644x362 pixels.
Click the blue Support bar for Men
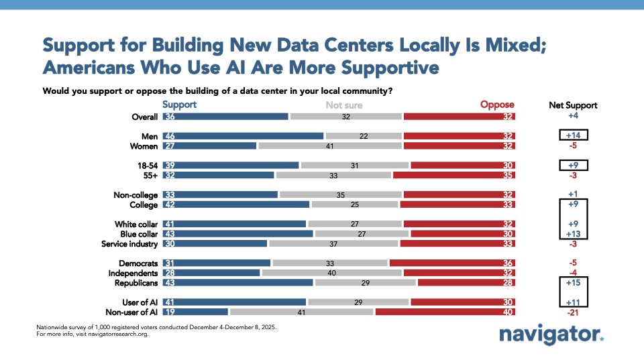click(243, 136)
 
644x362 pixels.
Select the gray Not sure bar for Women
click(329, 145)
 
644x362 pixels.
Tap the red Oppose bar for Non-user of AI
click(445, 312)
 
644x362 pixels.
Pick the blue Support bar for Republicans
click(237, 283)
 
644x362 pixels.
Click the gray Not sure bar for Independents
click(331, 273)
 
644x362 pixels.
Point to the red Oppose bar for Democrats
click(452, 263)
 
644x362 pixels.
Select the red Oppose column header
click(497, 105)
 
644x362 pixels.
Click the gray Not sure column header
click(344, 105)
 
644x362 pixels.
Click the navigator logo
click(552, 335)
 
